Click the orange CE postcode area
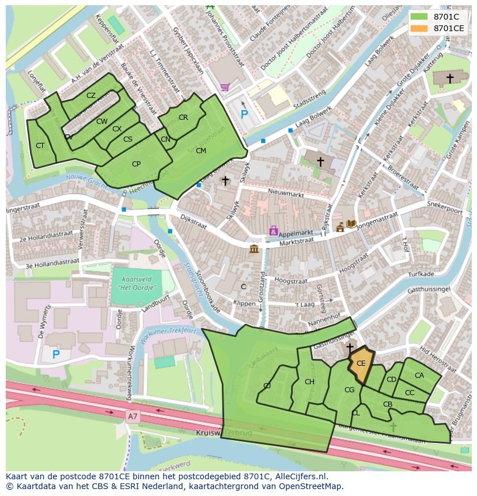click(361, 365)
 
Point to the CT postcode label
click(40, 146)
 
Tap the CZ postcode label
click(91, 96)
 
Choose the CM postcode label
click(200, 151)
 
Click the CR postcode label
click(183, 118)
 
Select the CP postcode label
click(136, 164)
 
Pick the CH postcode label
click(309, 382)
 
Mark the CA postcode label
click(419, 376)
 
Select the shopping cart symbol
click(225, 87)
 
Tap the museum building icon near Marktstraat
click(253, 249)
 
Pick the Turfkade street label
click(420, 275)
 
